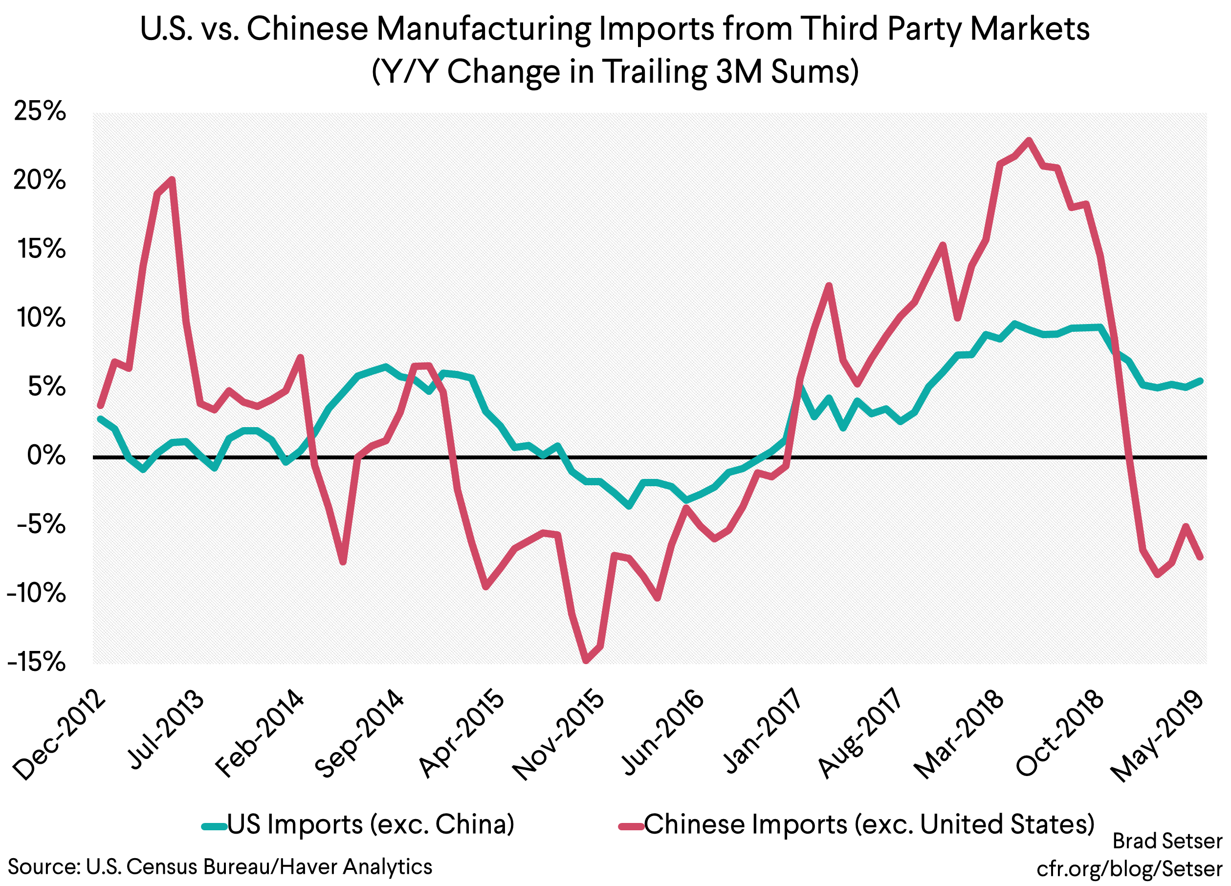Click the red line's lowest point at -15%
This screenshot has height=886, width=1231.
tap(586, 661)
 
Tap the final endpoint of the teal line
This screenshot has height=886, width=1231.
tap(1200, 381)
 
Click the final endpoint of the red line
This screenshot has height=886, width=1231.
tap(1200, 557)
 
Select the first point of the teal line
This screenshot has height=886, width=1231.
tap(100, 419)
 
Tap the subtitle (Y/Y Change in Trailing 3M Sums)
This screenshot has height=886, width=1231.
tap(615, 71)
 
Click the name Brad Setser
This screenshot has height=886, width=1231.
tap(1167, 841)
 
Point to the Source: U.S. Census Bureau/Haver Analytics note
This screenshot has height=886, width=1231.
tap(220, 866)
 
